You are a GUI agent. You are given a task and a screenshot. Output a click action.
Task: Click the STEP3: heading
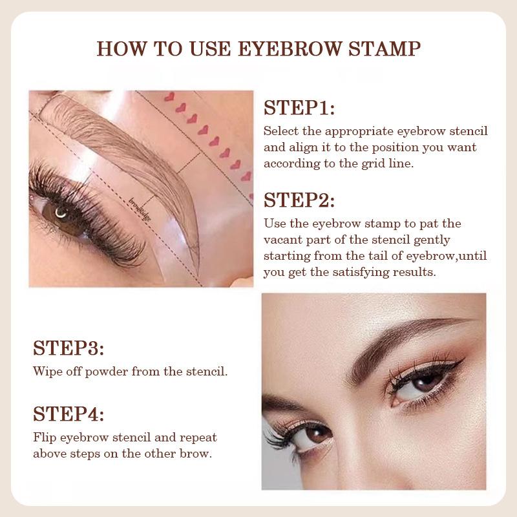tap(68, 349)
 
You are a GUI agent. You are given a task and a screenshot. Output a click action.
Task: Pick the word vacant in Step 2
tap(282, 240)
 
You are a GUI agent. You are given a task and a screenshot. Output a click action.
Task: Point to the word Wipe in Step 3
tap(46, 372)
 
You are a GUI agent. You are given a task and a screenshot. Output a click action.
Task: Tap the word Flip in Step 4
tap(44, 437)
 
